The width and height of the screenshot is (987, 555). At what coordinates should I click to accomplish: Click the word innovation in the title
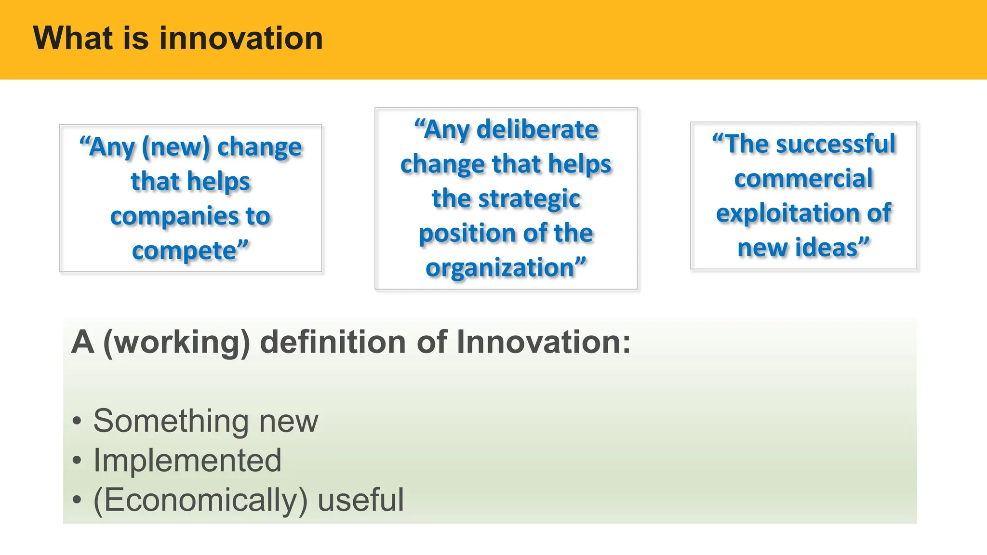(241, 38)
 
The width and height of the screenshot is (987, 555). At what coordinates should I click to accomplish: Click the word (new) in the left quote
(176, 147)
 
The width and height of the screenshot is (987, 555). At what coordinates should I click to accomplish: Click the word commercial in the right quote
(803, 179)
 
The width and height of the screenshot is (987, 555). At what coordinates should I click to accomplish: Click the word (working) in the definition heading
(177, 342)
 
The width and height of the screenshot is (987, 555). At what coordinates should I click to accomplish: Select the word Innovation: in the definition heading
(543, 342)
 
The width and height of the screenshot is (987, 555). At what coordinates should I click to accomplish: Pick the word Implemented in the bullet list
(187, 460)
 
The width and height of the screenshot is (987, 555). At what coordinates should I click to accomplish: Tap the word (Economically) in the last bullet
(200, 500)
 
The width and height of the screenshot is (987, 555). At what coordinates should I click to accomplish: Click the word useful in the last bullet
(360, 500)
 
